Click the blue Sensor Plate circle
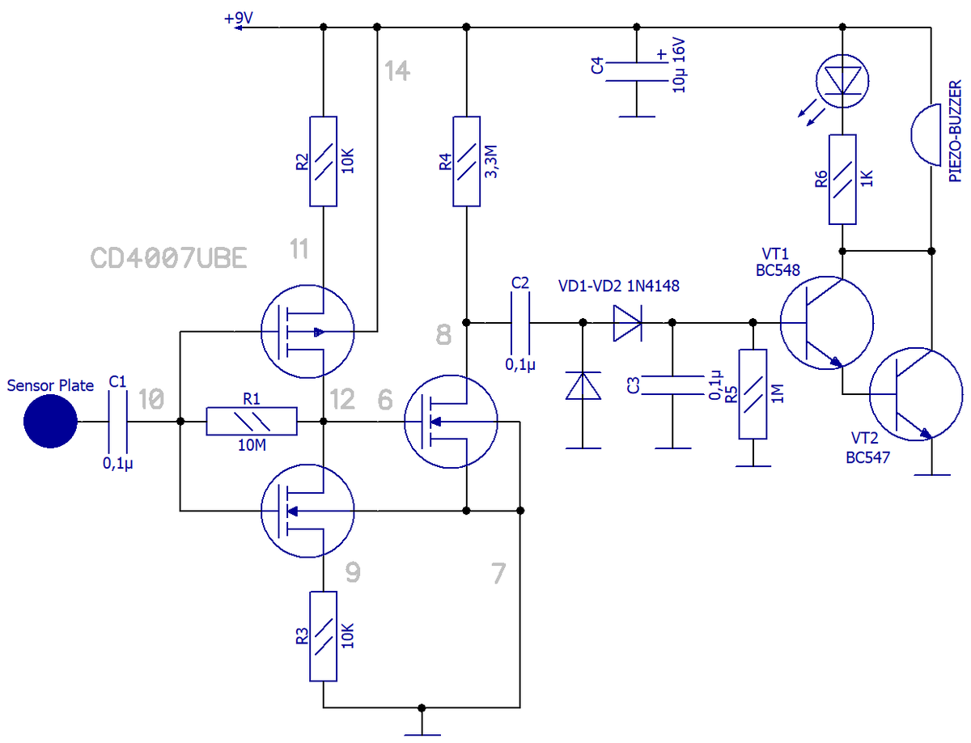point(50,421)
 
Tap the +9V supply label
point(238,18)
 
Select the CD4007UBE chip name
point(168,257)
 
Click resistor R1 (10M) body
point(252,421)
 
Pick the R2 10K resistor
point(323,161)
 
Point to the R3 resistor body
point(323,636)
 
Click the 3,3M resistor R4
point(466,161)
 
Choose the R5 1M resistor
point(753,394)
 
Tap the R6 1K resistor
point(842,179)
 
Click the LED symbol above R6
point(842,81)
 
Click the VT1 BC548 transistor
point(826,322)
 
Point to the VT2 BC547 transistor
point(915,394)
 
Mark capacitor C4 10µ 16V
point(636,72)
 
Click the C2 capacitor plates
point(519,323)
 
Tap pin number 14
point(396,70)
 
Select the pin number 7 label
point(498,573)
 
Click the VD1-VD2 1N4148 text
point(618,286)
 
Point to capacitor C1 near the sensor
point(117,421)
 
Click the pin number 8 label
point(443,334)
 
